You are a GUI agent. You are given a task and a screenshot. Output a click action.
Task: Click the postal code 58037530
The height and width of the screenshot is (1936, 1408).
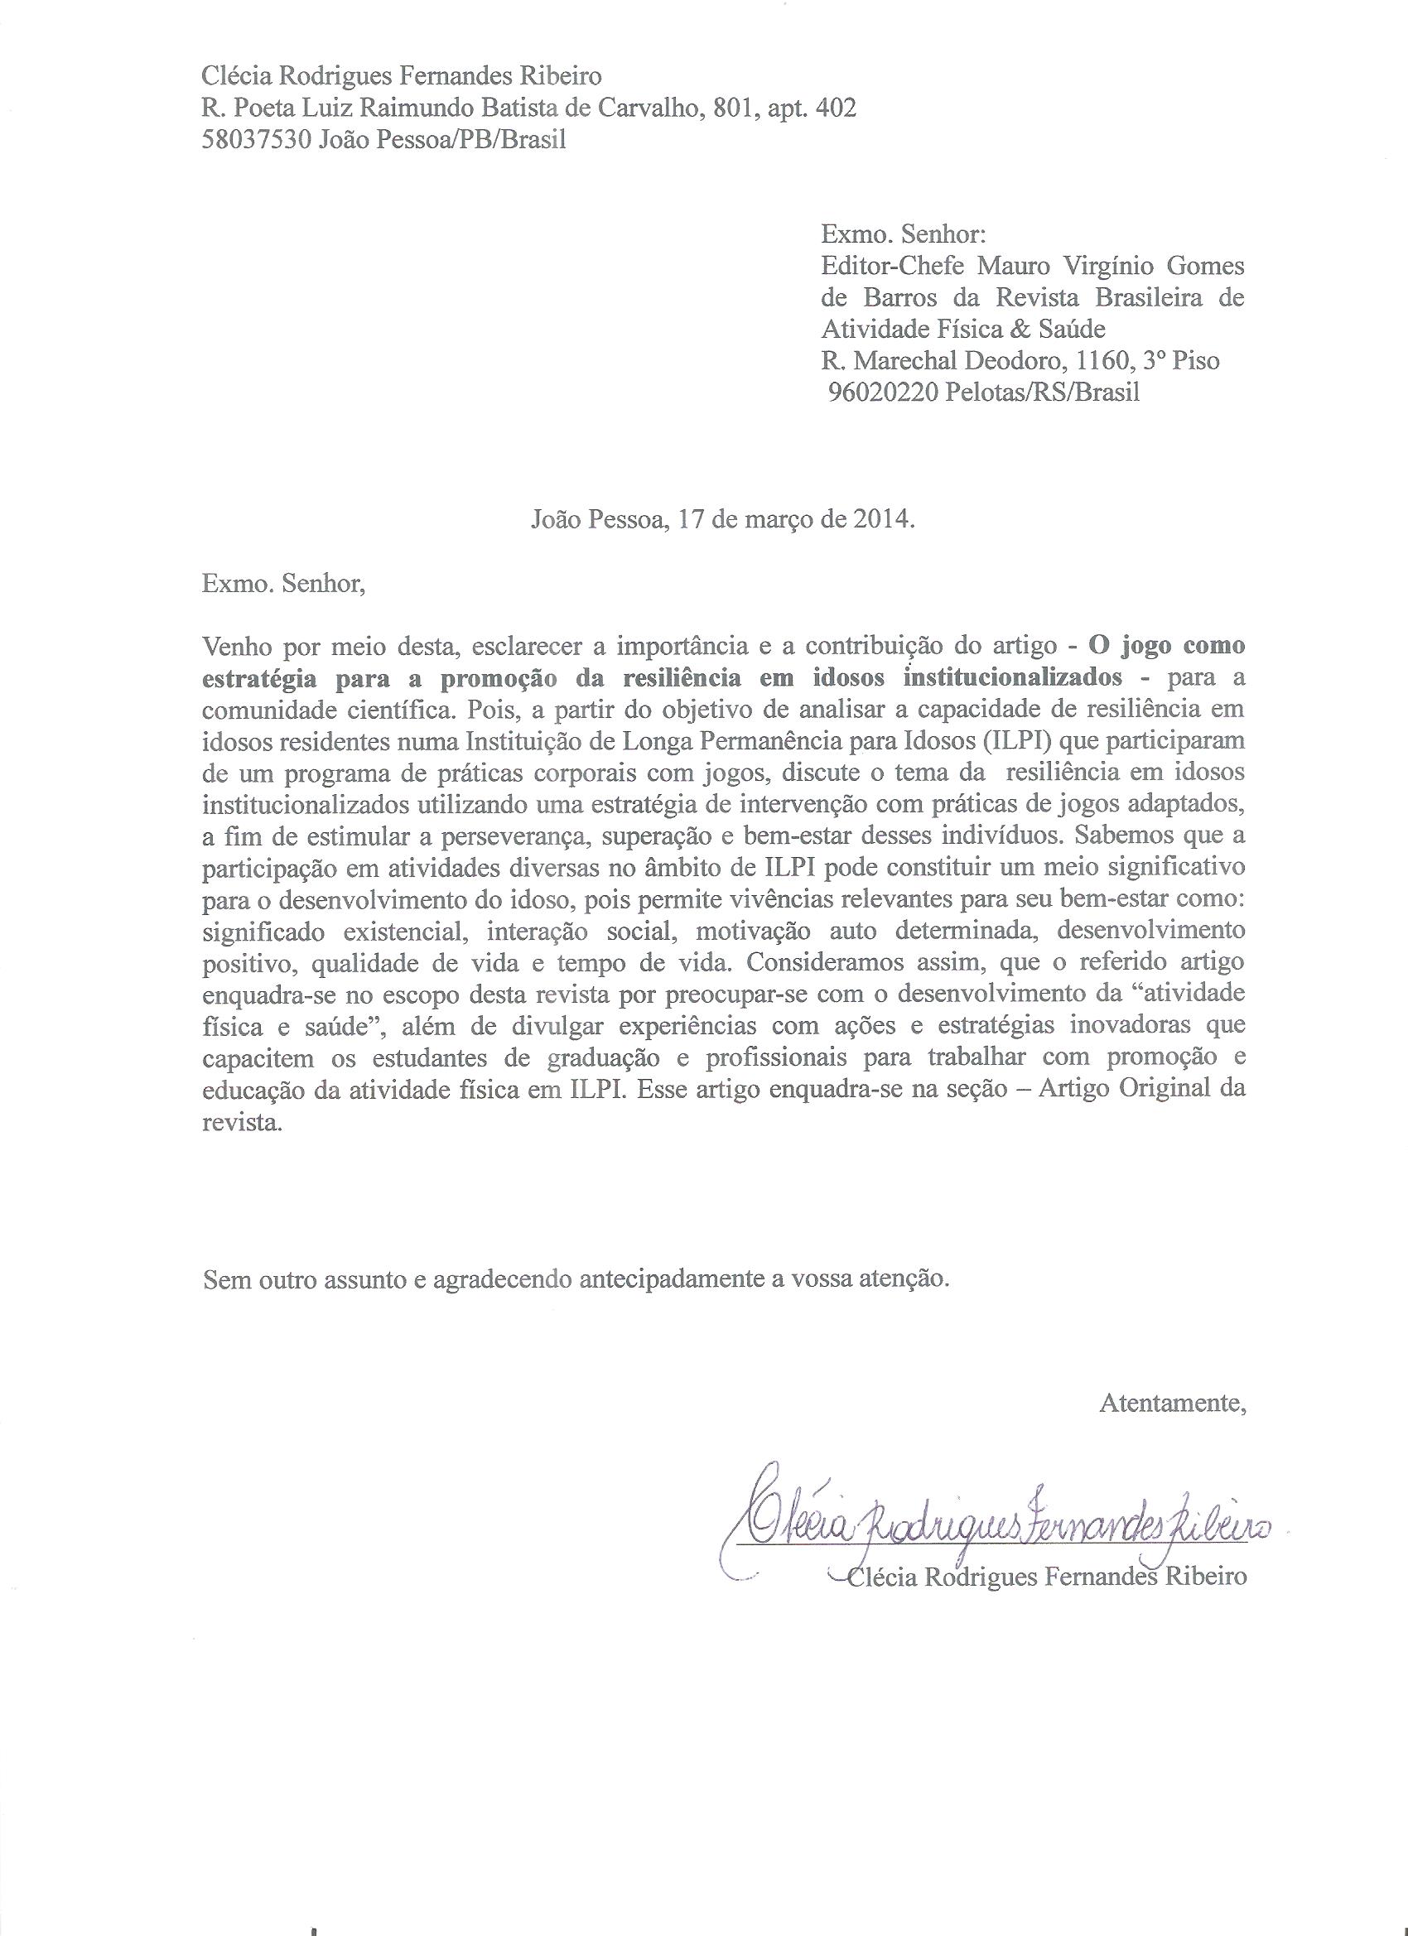tap(256, 140)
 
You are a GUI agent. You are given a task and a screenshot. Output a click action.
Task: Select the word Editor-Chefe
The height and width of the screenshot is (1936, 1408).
tap(892, 267)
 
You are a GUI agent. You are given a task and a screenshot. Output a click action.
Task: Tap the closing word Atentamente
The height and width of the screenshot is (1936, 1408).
tap(1172, 1403)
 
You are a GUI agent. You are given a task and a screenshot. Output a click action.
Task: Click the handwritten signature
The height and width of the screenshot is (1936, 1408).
tap(999, 1522)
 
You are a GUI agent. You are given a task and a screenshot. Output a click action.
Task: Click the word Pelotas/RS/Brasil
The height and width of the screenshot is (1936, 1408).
tap(1043, 392)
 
